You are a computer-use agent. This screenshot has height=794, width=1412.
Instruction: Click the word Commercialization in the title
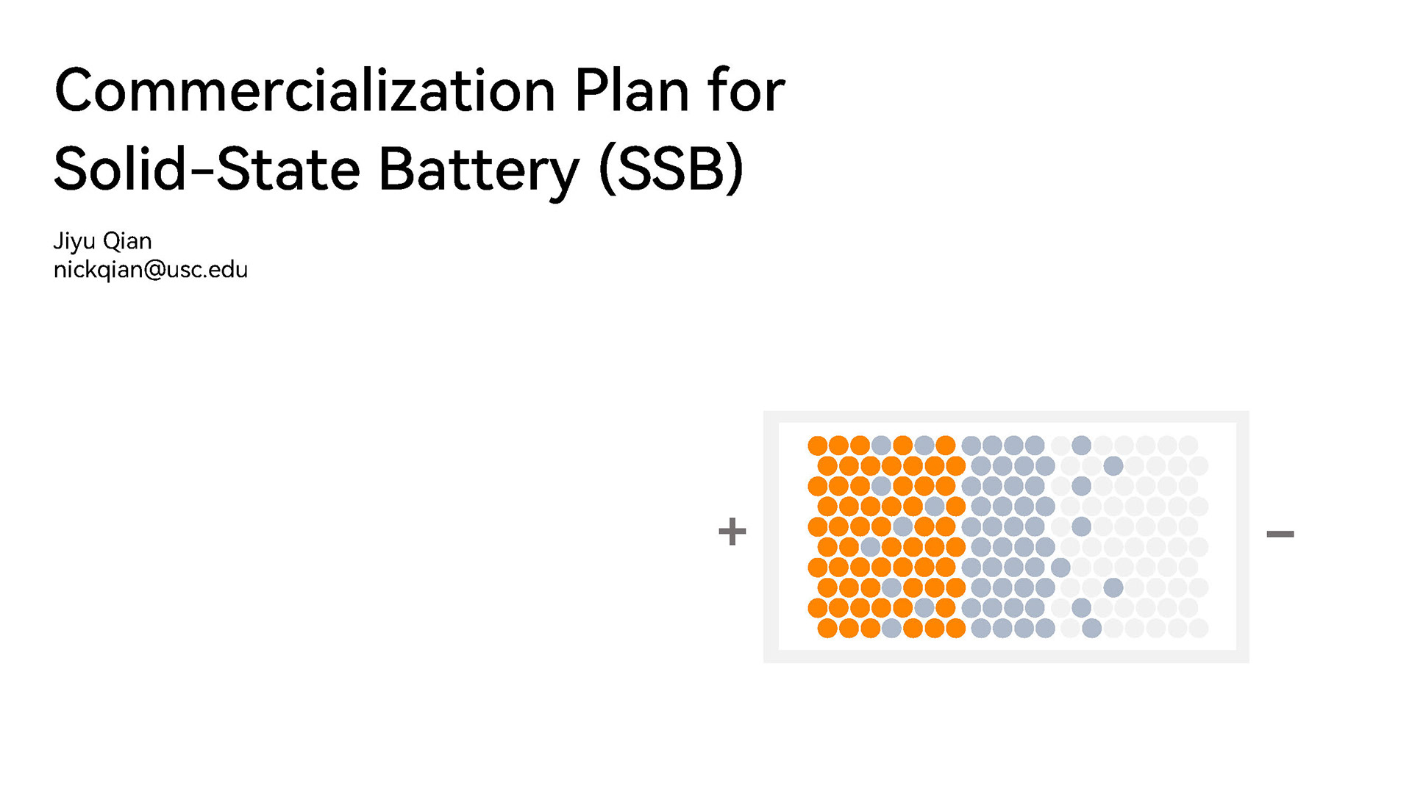[304, 91]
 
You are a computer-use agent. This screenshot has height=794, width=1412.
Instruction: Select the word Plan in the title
[632, 91]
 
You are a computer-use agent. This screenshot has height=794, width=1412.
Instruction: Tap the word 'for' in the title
[746, 91]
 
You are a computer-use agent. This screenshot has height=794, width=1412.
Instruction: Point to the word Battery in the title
[479, 170]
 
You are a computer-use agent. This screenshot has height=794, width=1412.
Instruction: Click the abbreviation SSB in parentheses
[672, 170]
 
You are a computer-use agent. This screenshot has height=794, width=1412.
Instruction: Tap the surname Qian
[127, 241]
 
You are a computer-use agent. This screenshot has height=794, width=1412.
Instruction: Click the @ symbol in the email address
[155, 271]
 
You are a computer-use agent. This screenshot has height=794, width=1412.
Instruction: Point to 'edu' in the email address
[228, 270]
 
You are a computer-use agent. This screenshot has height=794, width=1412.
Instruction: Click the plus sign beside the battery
[732, 532]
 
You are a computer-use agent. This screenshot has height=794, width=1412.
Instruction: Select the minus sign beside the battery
[1280, 534]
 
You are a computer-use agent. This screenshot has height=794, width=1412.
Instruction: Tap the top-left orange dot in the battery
[817, 446]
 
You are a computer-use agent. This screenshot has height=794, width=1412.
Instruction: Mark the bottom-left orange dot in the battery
[827, 628]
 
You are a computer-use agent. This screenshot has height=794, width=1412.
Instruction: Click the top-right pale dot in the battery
[1188, 446]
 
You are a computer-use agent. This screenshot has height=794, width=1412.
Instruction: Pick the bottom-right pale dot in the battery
[1199, 628]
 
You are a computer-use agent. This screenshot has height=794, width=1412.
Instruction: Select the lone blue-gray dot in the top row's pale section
[1081, 445]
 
